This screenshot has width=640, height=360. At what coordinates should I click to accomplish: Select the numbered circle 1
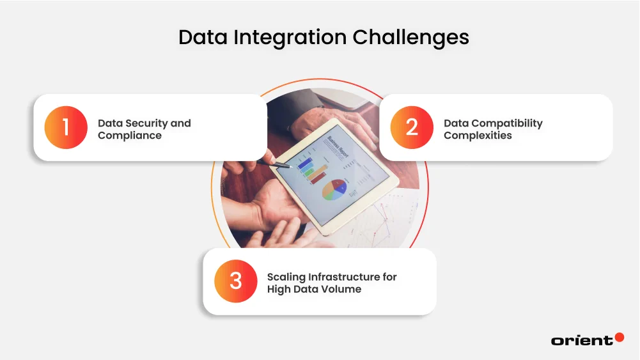tap(66, 127)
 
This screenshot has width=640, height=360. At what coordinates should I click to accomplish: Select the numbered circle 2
tap(412, 127)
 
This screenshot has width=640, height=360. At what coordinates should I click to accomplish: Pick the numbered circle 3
tap(236, 281)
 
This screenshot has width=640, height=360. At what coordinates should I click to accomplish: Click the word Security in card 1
tap(146, 123)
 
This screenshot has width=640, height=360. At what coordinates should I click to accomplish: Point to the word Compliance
tap(130, 136)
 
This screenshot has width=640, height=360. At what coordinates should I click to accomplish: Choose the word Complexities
tap(478, 136)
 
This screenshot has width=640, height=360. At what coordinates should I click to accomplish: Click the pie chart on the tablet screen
tap(334, 188)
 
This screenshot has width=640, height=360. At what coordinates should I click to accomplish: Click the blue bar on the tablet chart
tap(304, 163)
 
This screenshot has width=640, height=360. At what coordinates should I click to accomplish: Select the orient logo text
tap(581, 340)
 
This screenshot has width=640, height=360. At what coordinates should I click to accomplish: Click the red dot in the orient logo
tap(619, 337)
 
